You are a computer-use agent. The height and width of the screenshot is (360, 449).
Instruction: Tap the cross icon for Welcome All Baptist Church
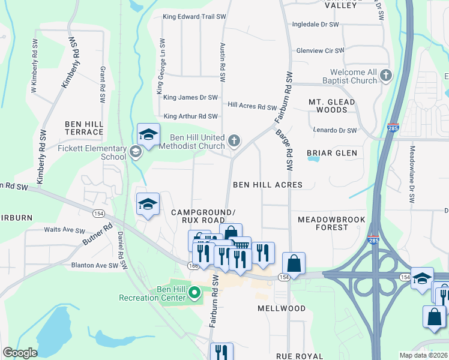(x=386, y=76)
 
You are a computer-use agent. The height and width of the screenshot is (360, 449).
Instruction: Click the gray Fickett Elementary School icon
(x=136, y=153)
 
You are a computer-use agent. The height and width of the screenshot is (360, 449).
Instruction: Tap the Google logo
(x=20, y=353)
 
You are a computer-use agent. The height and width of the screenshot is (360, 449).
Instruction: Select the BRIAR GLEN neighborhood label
(x=332, y=153)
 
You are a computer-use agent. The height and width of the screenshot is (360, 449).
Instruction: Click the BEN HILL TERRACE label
(x=84, y=128)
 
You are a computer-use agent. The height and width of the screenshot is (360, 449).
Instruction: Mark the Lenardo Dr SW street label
(x=335, y=130)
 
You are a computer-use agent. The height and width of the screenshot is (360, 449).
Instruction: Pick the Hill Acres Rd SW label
(x=252, y=106)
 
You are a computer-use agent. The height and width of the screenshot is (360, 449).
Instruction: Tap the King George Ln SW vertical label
(x=161, y=67)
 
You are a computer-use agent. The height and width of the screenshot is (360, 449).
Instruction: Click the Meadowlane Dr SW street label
(x=412, y=173)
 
